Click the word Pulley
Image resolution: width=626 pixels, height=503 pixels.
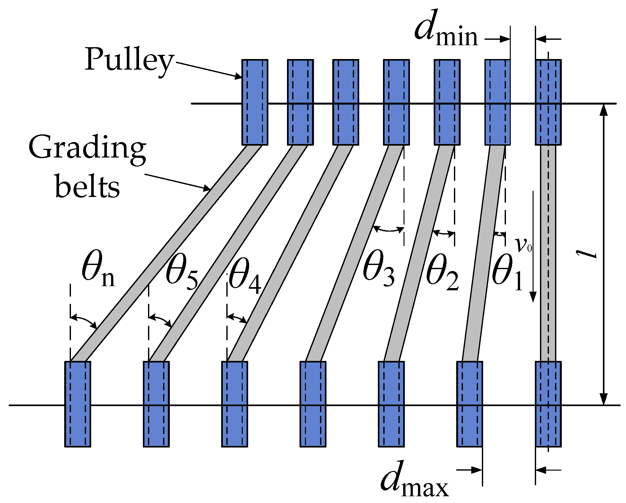[129, 60]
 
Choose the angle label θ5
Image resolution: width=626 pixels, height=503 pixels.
[182, 275]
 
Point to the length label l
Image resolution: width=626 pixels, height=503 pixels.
[587, 254]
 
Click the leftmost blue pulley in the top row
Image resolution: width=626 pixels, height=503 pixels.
[255, 102]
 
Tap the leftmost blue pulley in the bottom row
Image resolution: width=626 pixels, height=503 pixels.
[78, 404]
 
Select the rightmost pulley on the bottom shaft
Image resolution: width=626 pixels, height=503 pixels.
[548, 404]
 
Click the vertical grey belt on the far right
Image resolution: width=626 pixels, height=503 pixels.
[548, 253]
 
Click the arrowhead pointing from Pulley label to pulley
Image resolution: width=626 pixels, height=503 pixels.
[238, 77]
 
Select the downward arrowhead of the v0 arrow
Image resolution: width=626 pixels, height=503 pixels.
[533, 297]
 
